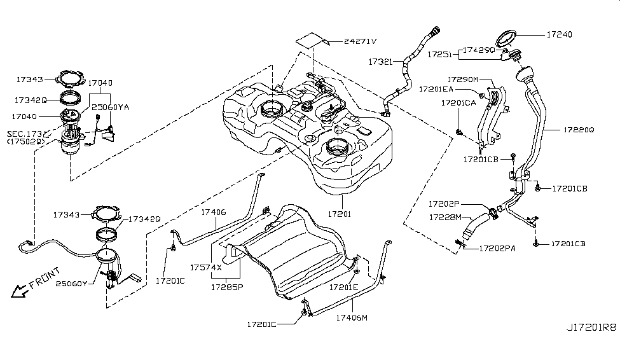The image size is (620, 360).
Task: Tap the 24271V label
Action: (360, 41)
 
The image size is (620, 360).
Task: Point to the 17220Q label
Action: (578, 130)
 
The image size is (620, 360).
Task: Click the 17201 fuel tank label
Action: (337, 214)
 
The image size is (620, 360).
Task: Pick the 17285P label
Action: (227, 287)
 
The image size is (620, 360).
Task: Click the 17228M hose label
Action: (445, 217)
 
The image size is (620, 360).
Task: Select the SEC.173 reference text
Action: (25, 134)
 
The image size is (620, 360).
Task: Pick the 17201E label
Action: (344, 287)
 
